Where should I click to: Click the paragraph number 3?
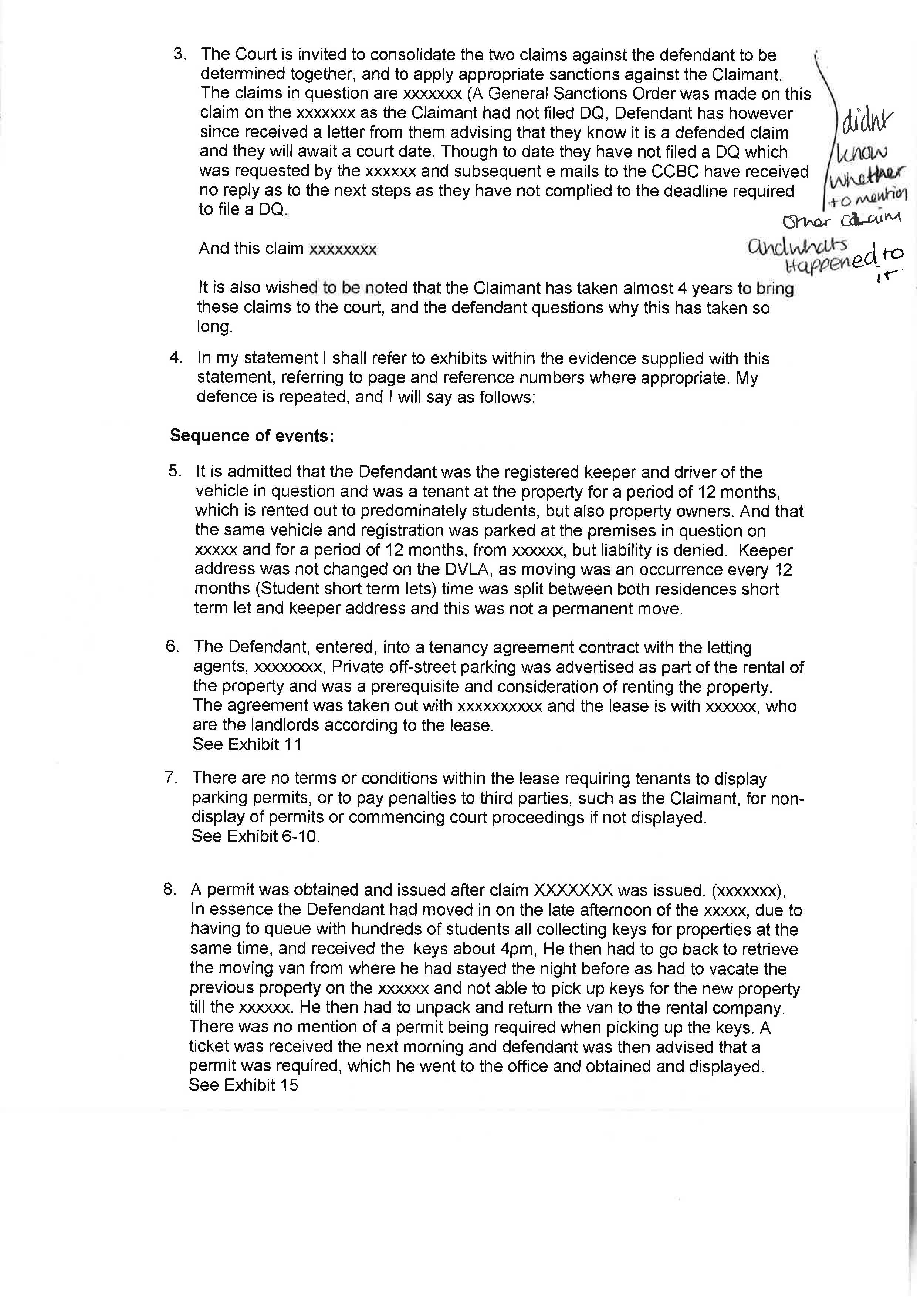[x=180, y=54]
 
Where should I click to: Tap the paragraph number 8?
[x=169, y=889]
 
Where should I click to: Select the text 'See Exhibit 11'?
[x=247, y=745]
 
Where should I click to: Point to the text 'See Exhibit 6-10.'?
[x=255, y=836]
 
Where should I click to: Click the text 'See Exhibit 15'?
[x=243, y=1085]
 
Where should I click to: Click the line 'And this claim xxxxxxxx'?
[x=287, y=249]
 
